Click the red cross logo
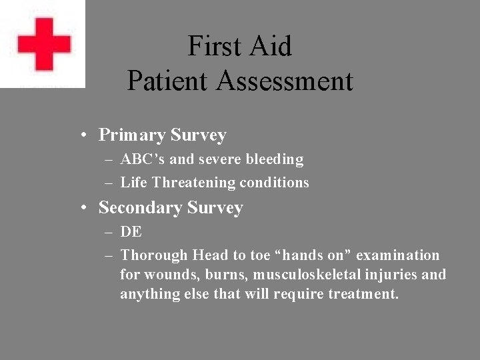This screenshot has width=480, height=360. click(x=44, y=44)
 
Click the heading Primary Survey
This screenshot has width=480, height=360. click(x=162, y=135)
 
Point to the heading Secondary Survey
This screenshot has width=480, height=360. click(x=171, y=207)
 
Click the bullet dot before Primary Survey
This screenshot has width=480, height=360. click(x=83, y=135)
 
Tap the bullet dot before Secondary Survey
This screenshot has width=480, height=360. click(x=83, y=208)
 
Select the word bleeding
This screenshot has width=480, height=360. click(x=275, y=159)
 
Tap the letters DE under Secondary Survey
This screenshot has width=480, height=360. click(x=131, y=232)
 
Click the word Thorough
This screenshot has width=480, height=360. click(x=154, y=255)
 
